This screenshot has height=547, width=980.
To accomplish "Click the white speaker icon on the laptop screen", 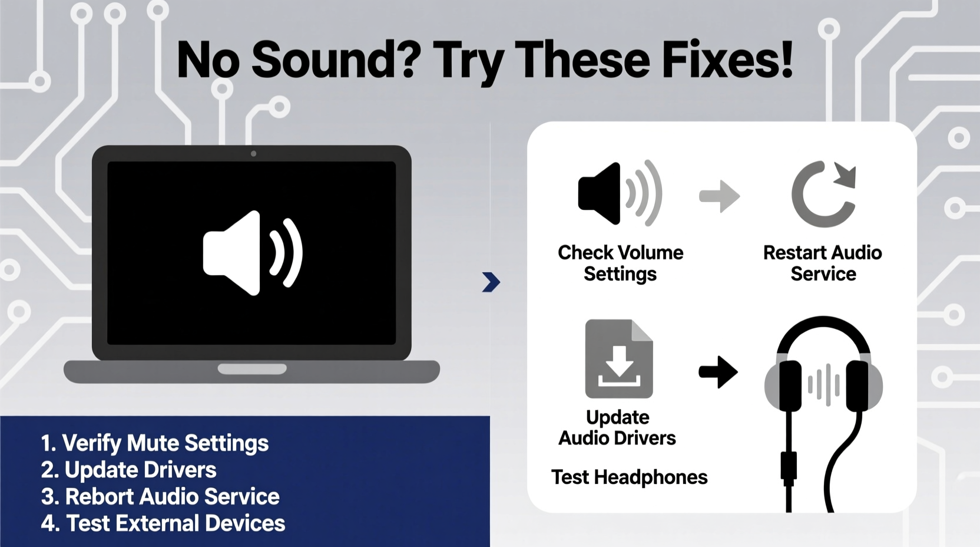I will pyautogui.click(x=252, y=252).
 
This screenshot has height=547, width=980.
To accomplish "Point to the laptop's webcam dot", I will pyautogui.click(x=253, y=154).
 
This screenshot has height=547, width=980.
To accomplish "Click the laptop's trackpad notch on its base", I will pyautogui.click(x=252, y=369).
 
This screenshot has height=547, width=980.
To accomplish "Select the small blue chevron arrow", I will pyautogui.click(x=491, y=282).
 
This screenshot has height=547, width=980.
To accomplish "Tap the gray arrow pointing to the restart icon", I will pyautogui.click(x=719, y=196).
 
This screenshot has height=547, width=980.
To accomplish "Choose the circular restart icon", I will pyautogui.click(x=823, y=194).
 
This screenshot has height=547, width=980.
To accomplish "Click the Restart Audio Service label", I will pyautogui.click(x=823, y=263).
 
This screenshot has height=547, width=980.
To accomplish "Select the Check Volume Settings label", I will pyautogui.click(x=620, y=263).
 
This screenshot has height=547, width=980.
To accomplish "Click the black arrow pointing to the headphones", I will pyautogui.click(x=718, y=372).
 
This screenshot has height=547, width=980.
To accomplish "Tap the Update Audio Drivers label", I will pyautogui.click(x=617, y=427).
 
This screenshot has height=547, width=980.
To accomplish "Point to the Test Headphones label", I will pyautogui.click(x=629, y=477).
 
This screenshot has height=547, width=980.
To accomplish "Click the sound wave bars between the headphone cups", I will pyautogui.click(x=823, y=384).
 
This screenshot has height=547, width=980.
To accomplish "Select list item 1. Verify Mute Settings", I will pyautogui.click(x=155, y=443).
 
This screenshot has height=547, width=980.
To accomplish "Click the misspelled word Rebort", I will pyautogui.click(x=100, y=496).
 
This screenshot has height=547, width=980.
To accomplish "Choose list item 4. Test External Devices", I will pyautogui.click(x=163, y=523).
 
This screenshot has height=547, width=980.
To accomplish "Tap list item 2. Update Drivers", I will pyautogui.click(x=129, y=470).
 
